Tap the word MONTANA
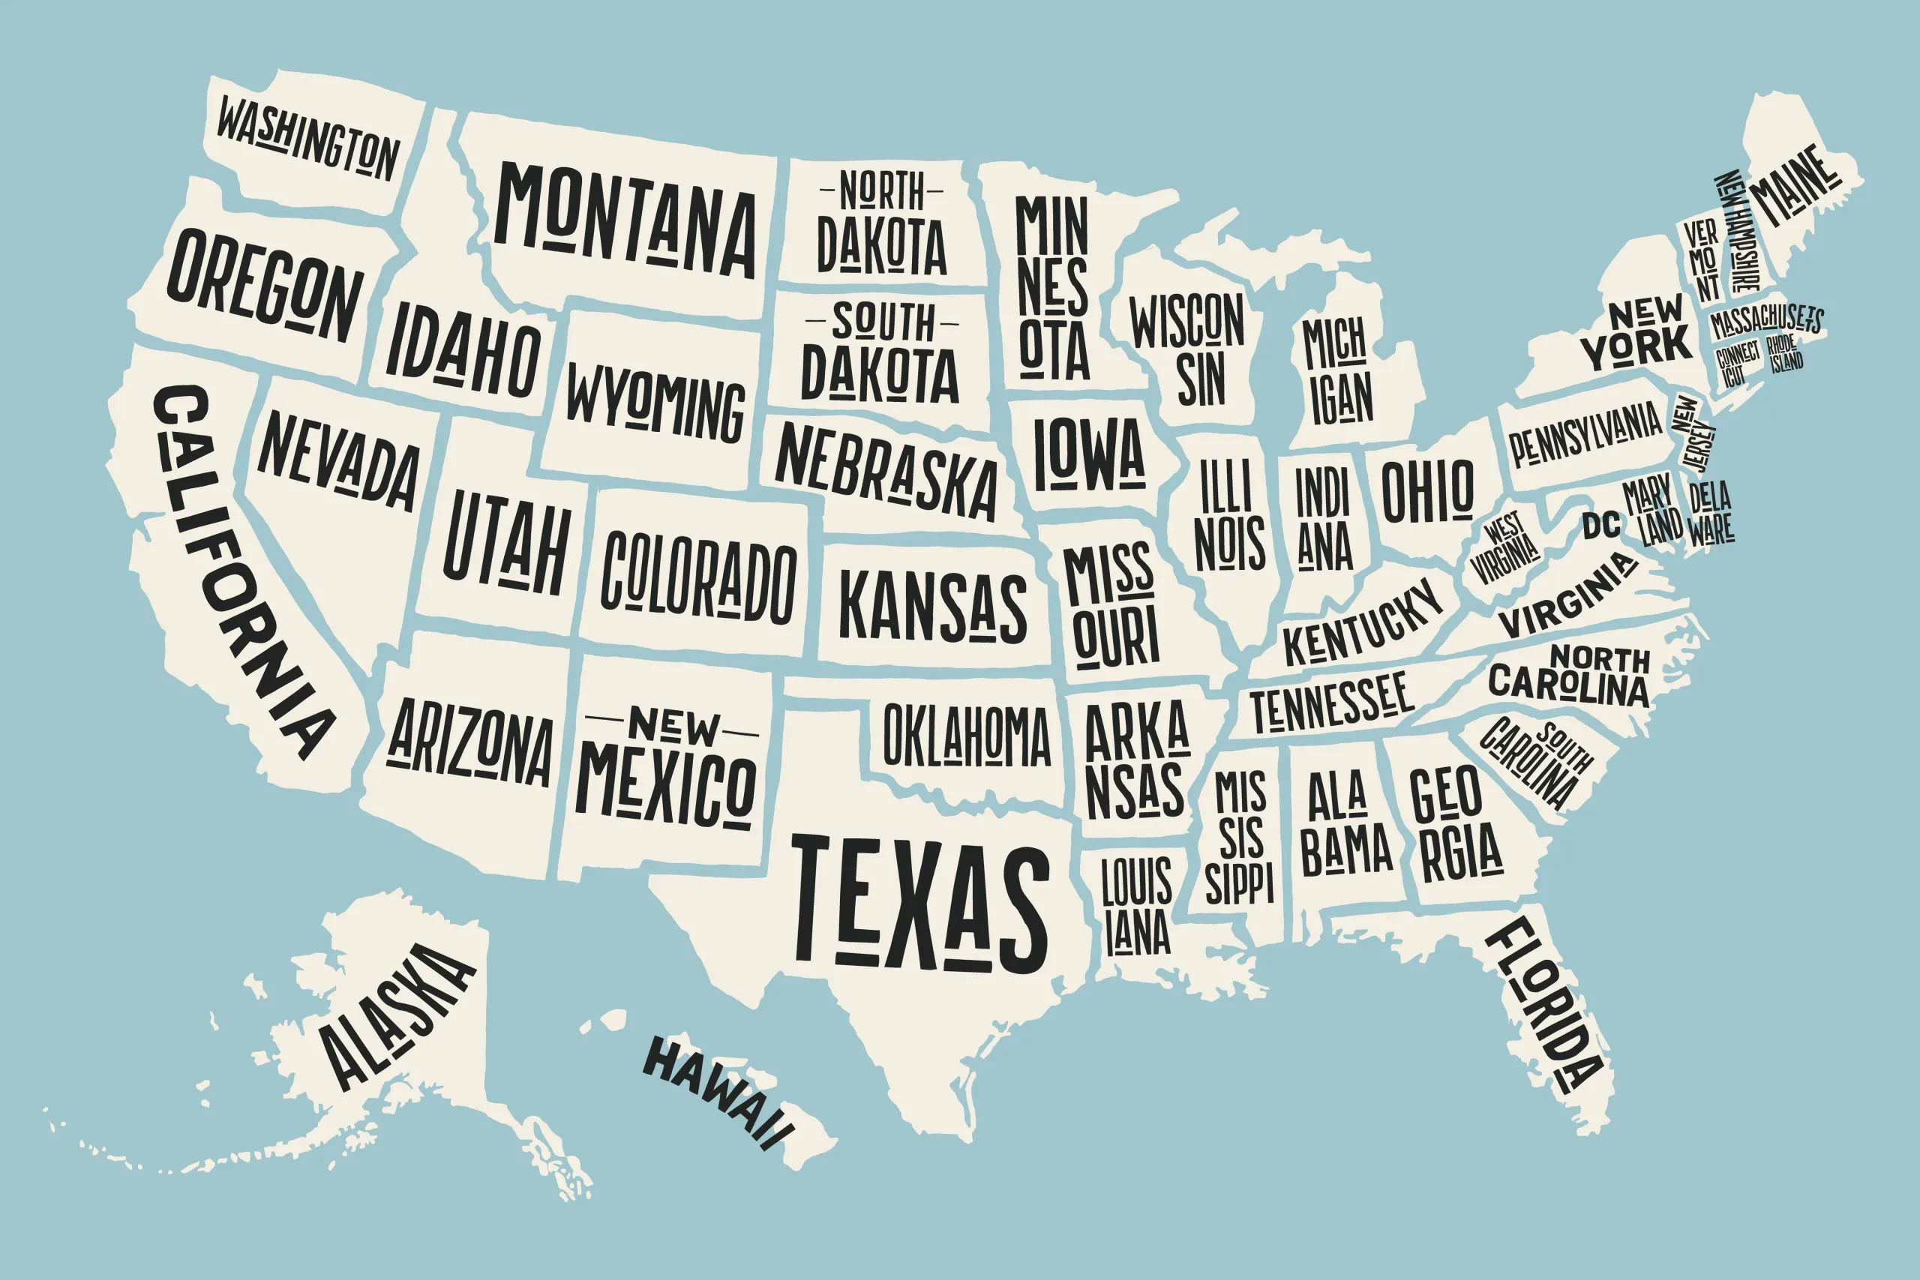pos(625,221)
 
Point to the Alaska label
pos(396,1016)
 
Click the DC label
pos(1602,526)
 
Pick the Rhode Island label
pos(1785,354)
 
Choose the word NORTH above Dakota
pos(882,191)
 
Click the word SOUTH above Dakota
pos(883,322)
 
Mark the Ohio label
pos(1428,490)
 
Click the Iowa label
pos(1090,454)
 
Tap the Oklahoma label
pos(967,735)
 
